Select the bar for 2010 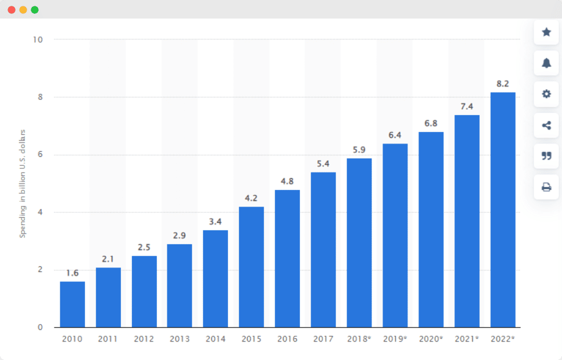pyautogui.click(x=72, y=304)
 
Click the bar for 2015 pyautogui.click(x=251, y=267)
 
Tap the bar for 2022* pyautogui.click(x=502, y=210)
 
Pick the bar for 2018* pyautogui.click(x=359, y=243)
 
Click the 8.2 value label pyautogui.click(x=502, y=83)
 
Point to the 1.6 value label pyautogui.click(x=72, y=273)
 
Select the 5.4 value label pyautogui.click(x=323, y=163)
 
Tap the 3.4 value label pyautogui.click(x=215, y=221)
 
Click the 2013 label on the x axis pyautogui.click(x=179, y=339)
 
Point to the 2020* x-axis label pyautogui.click(x=431, y=339)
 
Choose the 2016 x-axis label pyautogui.click(x=287, y=339)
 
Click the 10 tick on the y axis pyautogui.click(x=39, y=40)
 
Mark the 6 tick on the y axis pyautogui.click(x=41, y=155)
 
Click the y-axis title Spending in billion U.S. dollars pyautogui.click(x=23, y=183)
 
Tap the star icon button pyautogui.click(x=546, y=32)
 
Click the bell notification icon pyautogui.click(x=546, y=63)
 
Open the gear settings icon pyautogui.click(x=546, y=94)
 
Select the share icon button pyautogui.click(x=546, y=125)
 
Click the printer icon pyautogui.click(x=546, y=186)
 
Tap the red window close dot pyautogui.click(x=12, y=10)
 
